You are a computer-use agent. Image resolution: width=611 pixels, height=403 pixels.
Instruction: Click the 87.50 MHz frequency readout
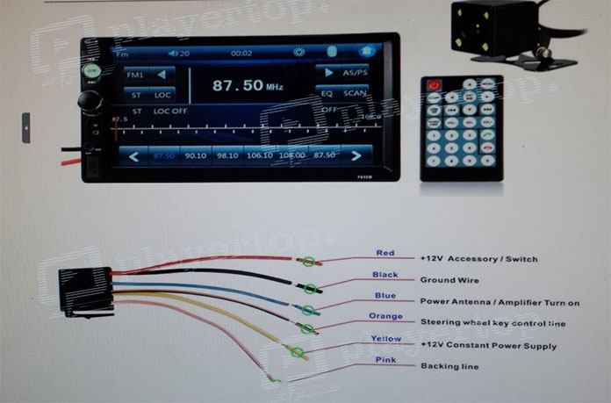[238, 86]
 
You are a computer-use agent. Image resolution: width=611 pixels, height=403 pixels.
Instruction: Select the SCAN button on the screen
[355, 93]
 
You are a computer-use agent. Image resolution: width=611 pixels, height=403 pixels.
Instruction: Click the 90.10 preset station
[196, 155]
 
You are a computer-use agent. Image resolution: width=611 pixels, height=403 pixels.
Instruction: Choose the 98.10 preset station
[227, 155]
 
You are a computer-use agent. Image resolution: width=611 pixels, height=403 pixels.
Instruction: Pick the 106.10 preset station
[260, 155]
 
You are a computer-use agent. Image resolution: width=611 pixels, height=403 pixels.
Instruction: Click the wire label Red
[385, 254]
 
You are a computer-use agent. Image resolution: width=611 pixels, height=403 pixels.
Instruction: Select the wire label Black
[385, 275]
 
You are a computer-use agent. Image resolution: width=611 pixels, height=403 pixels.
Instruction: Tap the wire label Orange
[385, 316]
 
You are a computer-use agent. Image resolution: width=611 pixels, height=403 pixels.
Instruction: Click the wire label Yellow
[386, 339]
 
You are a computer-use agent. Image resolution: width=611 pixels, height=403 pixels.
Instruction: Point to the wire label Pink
[386, 360]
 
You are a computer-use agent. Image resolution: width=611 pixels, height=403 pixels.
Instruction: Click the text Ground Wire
[449, 281]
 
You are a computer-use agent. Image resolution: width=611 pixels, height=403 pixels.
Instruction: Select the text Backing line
[449, 366]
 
